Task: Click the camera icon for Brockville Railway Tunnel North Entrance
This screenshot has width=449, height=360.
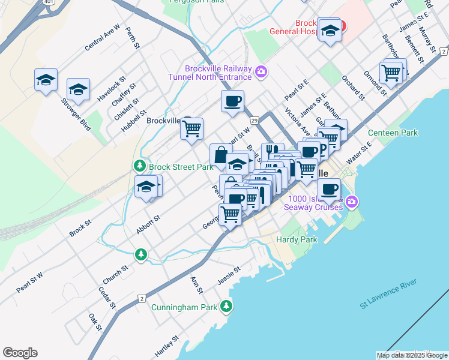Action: (261, 72)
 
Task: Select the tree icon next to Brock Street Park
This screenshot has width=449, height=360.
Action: (140, 165)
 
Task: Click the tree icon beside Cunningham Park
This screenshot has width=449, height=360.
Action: (226, 307)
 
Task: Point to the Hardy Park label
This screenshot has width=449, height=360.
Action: (297, 239)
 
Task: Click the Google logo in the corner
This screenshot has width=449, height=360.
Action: (20, 353)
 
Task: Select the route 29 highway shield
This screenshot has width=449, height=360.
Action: (255, 121)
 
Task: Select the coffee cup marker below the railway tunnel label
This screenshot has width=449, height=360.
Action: (232, 101)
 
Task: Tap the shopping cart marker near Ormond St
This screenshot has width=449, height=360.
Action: (391, 73)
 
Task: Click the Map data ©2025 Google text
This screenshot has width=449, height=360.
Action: (412, 355)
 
